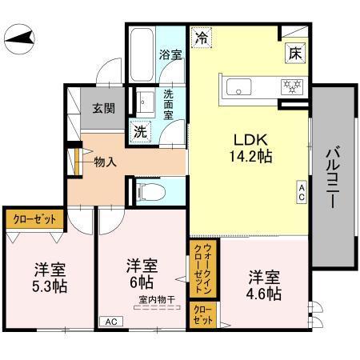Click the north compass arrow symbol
click(19, 38)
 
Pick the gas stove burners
click(290, 86)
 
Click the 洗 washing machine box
click(140, 130)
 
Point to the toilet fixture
click(147, 190)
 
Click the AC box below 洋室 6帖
click(107, 322)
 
